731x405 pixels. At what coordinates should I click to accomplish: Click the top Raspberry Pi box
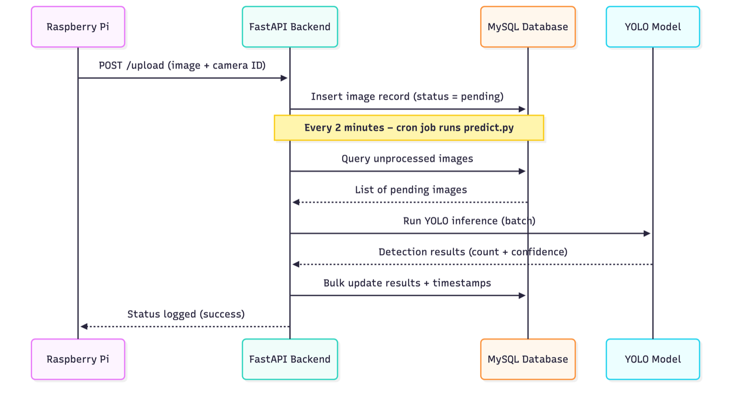[x=78, y=27]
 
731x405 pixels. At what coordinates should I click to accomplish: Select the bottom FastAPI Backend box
[x=290, y=359]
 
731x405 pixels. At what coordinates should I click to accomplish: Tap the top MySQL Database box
[x=528, y=27]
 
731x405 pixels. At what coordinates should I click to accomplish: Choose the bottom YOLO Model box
[x=652, y=359]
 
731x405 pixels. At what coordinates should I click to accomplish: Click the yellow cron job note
[x=408, y=128]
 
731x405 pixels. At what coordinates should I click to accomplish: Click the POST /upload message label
[x=182, y=65]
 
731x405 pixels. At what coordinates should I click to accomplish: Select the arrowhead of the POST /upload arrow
[x=284, y=78]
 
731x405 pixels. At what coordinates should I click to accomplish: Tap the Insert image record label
[x=407, y=96]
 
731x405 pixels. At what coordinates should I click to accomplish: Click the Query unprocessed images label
[x=407, y=159]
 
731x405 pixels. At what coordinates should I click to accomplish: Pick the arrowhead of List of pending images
[x=296, y=202]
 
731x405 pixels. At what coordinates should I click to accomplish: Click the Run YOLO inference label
[x=469, y=221]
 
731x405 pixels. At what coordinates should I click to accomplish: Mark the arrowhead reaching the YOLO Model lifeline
[x=647, y=234]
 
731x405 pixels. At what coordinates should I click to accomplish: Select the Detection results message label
[x=473, y=252]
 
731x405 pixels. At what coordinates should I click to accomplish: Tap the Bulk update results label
[x=407, y=283]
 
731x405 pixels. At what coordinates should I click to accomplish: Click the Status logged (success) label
[x=186, y=314]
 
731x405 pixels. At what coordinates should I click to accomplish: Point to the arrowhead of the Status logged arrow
[x=84, y=326]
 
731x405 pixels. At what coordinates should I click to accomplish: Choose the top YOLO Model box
[x=652, y=27]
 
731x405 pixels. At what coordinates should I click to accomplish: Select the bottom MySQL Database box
[x=528, y=359]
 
